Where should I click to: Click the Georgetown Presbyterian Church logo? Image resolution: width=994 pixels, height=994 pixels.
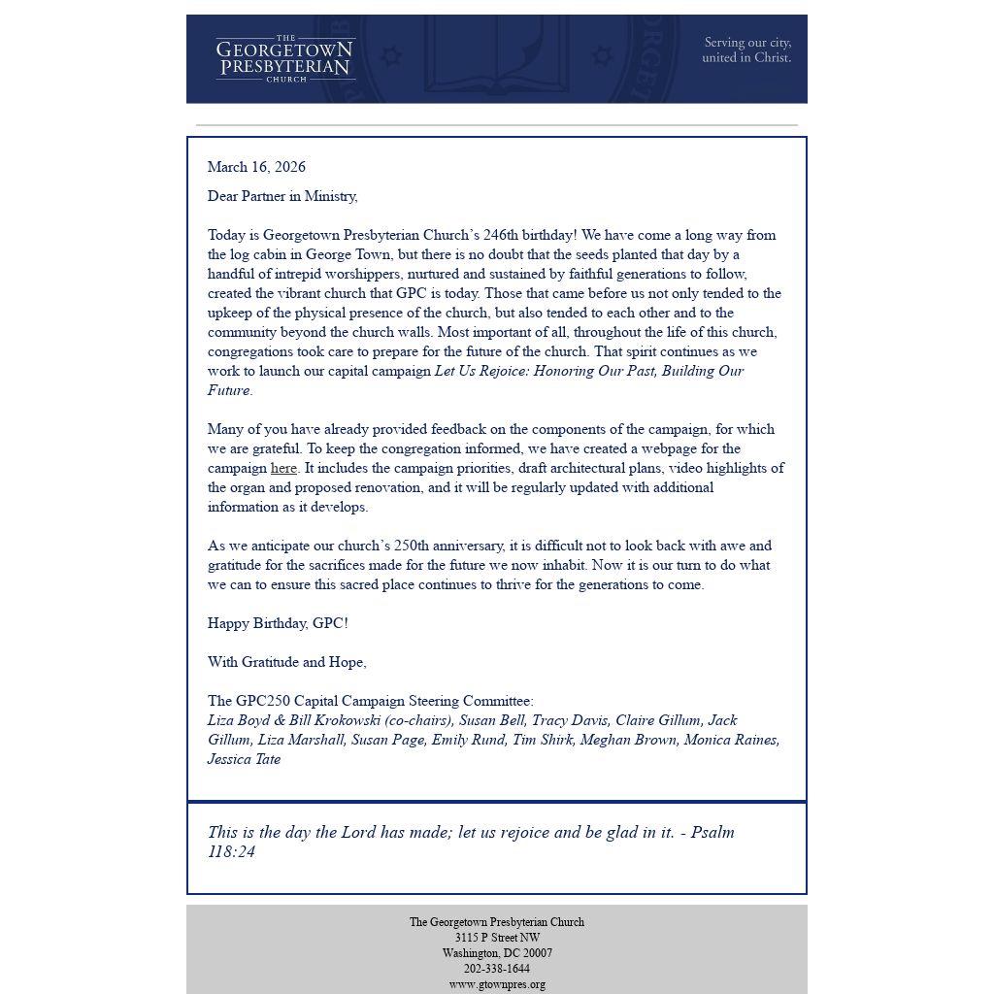click(285, 59)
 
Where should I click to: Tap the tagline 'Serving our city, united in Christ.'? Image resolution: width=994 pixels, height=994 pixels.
click(746, 50)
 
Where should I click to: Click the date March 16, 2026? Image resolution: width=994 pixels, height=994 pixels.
click(256, 167)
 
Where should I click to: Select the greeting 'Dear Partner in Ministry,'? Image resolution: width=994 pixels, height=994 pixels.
click(282, 196)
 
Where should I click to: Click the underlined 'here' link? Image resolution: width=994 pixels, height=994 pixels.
click(283, 468)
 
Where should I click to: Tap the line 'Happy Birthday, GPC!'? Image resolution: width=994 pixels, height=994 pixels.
click(278, 623)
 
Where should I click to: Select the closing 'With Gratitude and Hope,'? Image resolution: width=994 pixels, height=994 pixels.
click(286, 662)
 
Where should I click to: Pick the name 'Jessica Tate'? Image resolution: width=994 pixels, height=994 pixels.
click(244, 759)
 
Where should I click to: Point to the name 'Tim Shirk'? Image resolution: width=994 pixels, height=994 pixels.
click(542, 740)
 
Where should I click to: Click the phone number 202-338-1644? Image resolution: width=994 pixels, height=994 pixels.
click(496, 969)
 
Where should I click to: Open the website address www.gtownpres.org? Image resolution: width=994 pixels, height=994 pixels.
click(496, 984)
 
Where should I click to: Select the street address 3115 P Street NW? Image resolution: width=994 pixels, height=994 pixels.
click(496, 938)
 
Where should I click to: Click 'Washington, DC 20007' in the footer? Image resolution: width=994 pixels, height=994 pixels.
click(496, 953)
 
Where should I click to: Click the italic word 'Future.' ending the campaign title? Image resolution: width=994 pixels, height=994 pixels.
click(230, 390)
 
